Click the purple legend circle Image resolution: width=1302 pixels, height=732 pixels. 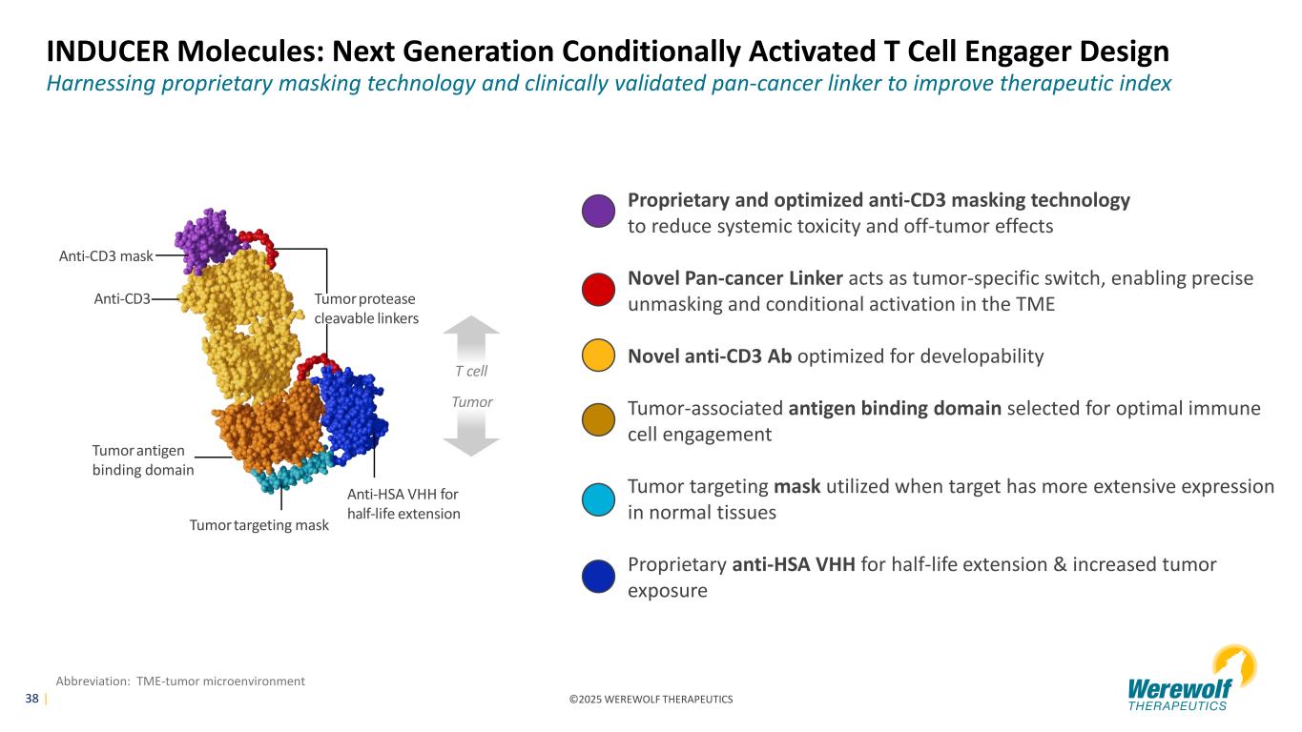[598, 212]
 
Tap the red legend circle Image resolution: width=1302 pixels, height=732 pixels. [598, 290]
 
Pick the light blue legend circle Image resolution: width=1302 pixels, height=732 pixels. [598, 499]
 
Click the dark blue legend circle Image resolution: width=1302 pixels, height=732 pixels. [598, 578]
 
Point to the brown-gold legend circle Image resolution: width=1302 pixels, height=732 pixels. [598, 421]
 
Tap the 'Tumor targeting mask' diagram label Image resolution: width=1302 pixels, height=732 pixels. [258, 525]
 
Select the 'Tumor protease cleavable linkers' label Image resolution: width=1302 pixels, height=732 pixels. [366, 308]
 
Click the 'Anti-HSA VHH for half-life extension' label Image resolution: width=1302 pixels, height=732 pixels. [403, 504]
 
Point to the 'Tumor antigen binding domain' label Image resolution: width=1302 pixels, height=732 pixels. [143, 459]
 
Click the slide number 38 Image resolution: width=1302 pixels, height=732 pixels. [31, 699]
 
